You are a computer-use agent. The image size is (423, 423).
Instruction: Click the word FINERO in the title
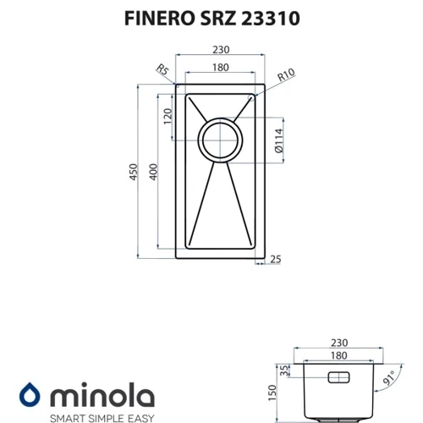[160, 19]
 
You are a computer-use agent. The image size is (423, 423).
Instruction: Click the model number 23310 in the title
[271, 19]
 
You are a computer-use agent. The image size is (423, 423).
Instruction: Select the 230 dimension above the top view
[221, 50]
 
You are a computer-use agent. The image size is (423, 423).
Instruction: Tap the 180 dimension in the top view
[221, 68]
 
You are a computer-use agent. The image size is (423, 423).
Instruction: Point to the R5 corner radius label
[163, 69]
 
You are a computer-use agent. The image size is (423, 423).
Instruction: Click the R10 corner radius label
[286, 74]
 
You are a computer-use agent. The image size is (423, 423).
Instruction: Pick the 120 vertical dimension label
[168, 116]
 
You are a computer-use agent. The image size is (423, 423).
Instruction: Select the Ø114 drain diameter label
[279, 140]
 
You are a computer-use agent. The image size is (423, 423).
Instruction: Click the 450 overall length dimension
[133, 172]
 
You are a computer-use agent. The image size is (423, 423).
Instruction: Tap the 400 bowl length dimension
[153, 172]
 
